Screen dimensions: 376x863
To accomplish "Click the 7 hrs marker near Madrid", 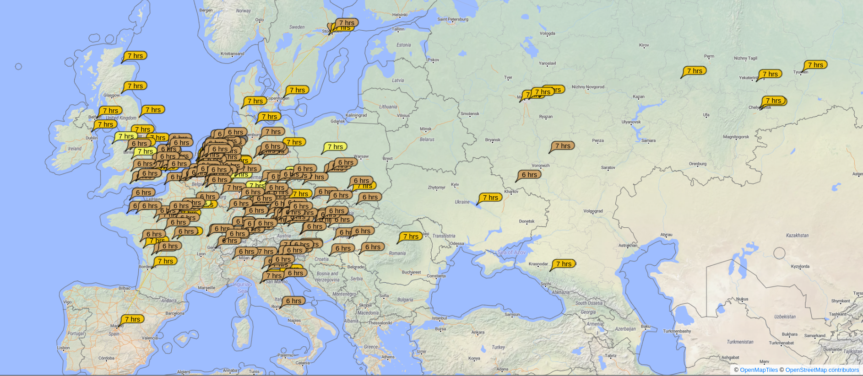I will pos(132,319).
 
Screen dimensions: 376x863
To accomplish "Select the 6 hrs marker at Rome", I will pos(293,301).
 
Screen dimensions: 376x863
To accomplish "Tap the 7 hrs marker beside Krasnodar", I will pos(564,264).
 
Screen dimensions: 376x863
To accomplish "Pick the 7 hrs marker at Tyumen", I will pos(815,65).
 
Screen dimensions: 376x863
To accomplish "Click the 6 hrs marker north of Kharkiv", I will pos(529,175).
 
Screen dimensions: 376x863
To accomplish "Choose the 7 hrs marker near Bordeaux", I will pos(165,261).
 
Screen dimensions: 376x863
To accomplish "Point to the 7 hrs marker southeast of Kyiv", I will pos(490,198).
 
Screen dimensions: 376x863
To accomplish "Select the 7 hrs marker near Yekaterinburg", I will pos(770,74).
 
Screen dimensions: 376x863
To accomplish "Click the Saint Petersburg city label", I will pos(452,19).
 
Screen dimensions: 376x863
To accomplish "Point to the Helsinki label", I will pos(400,15).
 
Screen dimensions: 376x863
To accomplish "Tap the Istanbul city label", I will pos(439,318).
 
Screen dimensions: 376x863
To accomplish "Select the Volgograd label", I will pos(593,211).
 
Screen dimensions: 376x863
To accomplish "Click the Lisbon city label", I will pos(63,348).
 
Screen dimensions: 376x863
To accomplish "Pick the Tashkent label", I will pos(837,314).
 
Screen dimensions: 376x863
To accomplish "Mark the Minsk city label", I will pos(426,129).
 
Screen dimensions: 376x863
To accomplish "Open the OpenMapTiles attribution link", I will pos(759,370).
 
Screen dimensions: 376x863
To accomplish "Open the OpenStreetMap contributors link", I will pos(822,370).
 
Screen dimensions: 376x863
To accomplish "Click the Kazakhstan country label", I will pos(797,236).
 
